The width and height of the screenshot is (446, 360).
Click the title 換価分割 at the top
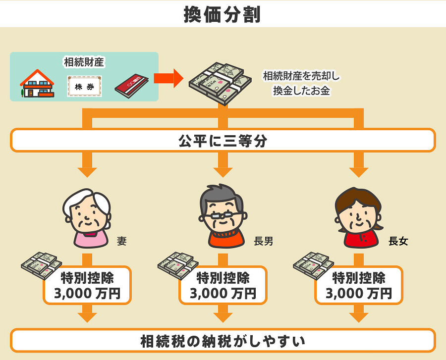223,14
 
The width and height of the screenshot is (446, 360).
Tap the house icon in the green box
37,84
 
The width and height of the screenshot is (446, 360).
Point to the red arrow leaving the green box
166,78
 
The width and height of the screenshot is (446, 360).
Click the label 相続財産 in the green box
84,62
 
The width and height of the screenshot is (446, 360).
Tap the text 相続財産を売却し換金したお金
301,84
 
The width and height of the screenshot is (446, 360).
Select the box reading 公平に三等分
223,141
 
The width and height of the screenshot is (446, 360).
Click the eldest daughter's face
359,215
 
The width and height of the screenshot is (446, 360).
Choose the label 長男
263,242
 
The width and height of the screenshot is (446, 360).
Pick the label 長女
398,242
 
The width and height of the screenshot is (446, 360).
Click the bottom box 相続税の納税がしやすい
223,341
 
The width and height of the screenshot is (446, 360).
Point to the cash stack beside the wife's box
41,265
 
